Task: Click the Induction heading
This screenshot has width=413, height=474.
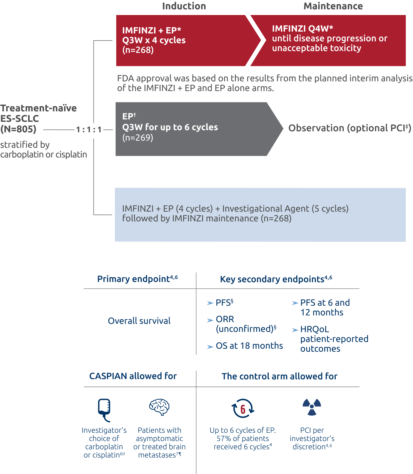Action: (x=184, y=6)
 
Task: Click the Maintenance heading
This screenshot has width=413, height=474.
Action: (x=333, y=6)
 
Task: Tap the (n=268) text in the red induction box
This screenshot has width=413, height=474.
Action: (x=138, y=50)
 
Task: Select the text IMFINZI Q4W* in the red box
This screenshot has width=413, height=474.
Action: (x=302, y=28)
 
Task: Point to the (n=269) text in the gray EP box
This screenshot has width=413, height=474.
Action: (x=138, y=138)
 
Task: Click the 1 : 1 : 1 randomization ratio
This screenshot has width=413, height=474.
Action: (x=89, y=130)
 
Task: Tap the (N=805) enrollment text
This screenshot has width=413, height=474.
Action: (x=18, y=129)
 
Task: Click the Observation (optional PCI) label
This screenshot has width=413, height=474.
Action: (x=349, y=128)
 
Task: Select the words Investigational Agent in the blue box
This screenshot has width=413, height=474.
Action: (x=265, y=209)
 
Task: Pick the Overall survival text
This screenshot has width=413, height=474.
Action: (x=139, y=321)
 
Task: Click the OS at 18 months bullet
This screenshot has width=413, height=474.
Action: (x=249, y=346)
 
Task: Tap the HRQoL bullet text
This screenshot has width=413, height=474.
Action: (x=314, y=330)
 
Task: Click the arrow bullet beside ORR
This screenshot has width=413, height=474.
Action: (x=210, y=320)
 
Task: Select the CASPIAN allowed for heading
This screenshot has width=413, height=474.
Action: (x=133, y=376)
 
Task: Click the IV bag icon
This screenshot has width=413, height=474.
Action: (x=104, y=409)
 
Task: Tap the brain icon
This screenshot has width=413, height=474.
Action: (x=159, y=407)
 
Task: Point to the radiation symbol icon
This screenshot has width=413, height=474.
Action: (x=312, y=407)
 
